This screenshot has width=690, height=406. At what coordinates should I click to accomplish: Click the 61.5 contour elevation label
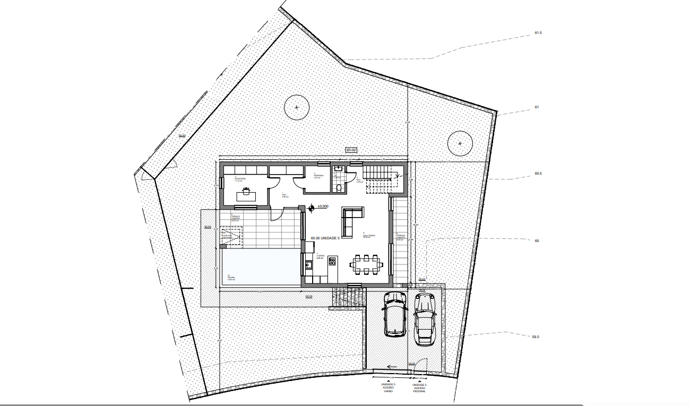coord(538,33)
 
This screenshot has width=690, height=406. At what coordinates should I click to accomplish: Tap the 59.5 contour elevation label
coord(535,336)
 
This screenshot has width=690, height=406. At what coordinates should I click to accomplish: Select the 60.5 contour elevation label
coord(538,174)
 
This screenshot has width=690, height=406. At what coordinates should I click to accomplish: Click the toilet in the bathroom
coord(338,187)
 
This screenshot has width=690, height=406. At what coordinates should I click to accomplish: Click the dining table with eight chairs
coord(366,264)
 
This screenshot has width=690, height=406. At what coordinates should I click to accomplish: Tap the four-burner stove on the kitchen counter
coord(333,261)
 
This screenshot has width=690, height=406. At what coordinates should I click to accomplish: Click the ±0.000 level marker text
coord(323,206)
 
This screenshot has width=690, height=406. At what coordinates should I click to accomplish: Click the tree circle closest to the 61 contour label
coord(460,143)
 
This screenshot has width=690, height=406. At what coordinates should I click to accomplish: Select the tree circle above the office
coord(297,108)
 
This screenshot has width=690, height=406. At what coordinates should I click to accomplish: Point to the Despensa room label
coord(318,176)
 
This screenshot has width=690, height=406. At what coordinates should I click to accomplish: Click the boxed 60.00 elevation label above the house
coord(351,150)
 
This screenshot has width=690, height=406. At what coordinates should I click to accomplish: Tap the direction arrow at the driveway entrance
coord(392,366)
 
